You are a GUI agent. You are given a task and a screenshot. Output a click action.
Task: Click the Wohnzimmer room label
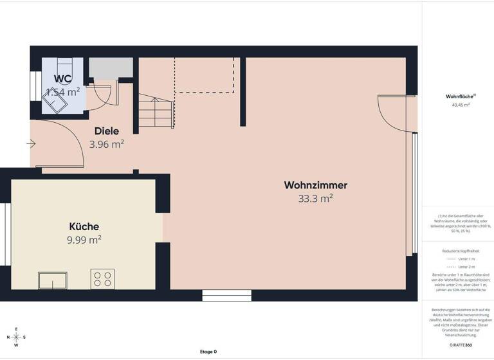[315, 185]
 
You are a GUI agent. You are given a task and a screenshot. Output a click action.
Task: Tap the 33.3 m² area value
[315, 199]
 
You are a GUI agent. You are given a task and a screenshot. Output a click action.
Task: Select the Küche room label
[84, 226]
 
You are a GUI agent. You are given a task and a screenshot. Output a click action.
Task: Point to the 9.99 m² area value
[84, 240]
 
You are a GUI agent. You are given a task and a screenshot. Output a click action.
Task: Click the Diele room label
[107, 131]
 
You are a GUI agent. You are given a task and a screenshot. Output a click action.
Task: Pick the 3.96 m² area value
[107, 145]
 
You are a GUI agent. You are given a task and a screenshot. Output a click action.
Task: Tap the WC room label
[62, 78]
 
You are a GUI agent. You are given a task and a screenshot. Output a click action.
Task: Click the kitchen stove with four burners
[102, 279]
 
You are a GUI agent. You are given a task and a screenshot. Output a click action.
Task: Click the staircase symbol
[156, 111]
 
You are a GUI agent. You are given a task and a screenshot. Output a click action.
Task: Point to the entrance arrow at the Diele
[31, 144]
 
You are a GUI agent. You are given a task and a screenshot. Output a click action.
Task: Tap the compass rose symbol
[17, 337]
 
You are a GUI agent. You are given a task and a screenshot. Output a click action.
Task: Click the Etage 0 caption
[208, 352]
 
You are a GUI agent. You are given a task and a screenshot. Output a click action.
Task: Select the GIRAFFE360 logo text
[461, 346]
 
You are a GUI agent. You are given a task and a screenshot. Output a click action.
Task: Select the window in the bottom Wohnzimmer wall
[218, 296]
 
